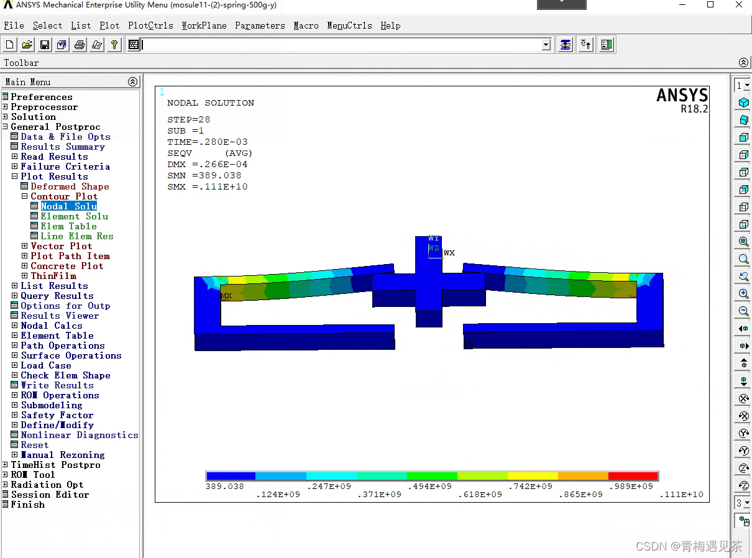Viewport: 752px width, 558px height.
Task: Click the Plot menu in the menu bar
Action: tap(109, 25)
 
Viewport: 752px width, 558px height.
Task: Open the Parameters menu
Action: tap(260, 25)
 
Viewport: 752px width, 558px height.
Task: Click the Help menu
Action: tap(390, 25)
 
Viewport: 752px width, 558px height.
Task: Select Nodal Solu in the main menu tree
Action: tap(68, 206)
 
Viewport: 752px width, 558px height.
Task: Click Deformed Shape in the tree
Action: tap(70, 186)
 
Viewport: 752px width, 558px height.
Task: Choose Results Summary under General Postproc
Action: tap(62, 147)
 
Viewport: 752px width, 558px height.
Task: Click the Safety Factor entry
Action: tap(57, 415)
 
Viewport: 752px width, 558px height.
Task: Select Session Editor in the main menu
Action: tap(50, 495)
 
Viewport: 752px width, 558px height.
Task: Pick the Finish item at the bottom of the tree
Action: tap(28, 505)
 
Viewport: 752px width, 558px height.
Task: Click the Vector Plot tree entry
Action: tap(61, 246)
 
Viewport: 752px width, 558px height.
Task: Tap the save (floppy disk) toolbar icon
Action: tap(45, 45)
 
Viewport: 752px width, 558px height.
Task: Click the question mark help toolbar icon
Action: tap(114, 45)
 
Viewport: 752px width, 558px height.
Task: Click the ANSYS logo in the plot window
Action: tap(682, 96)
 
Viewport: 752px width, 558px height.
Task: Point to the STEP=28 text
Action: tap(189, 119)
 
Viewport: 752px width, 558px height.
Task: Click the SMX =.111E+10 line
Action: tap(208, 186)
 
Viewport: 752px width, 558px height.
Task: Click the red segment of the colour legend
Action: tap(633, 476)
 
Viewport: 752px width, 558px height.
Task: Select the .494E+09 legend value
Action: tap(431, 487)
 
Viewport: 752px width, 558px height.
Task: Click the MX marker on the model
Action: tap(226, 296)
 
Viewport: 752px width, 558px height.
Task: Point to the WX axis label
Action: tap(449, 253)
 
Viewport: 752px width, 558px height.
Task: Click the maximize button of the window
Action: tap(710, 5)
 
